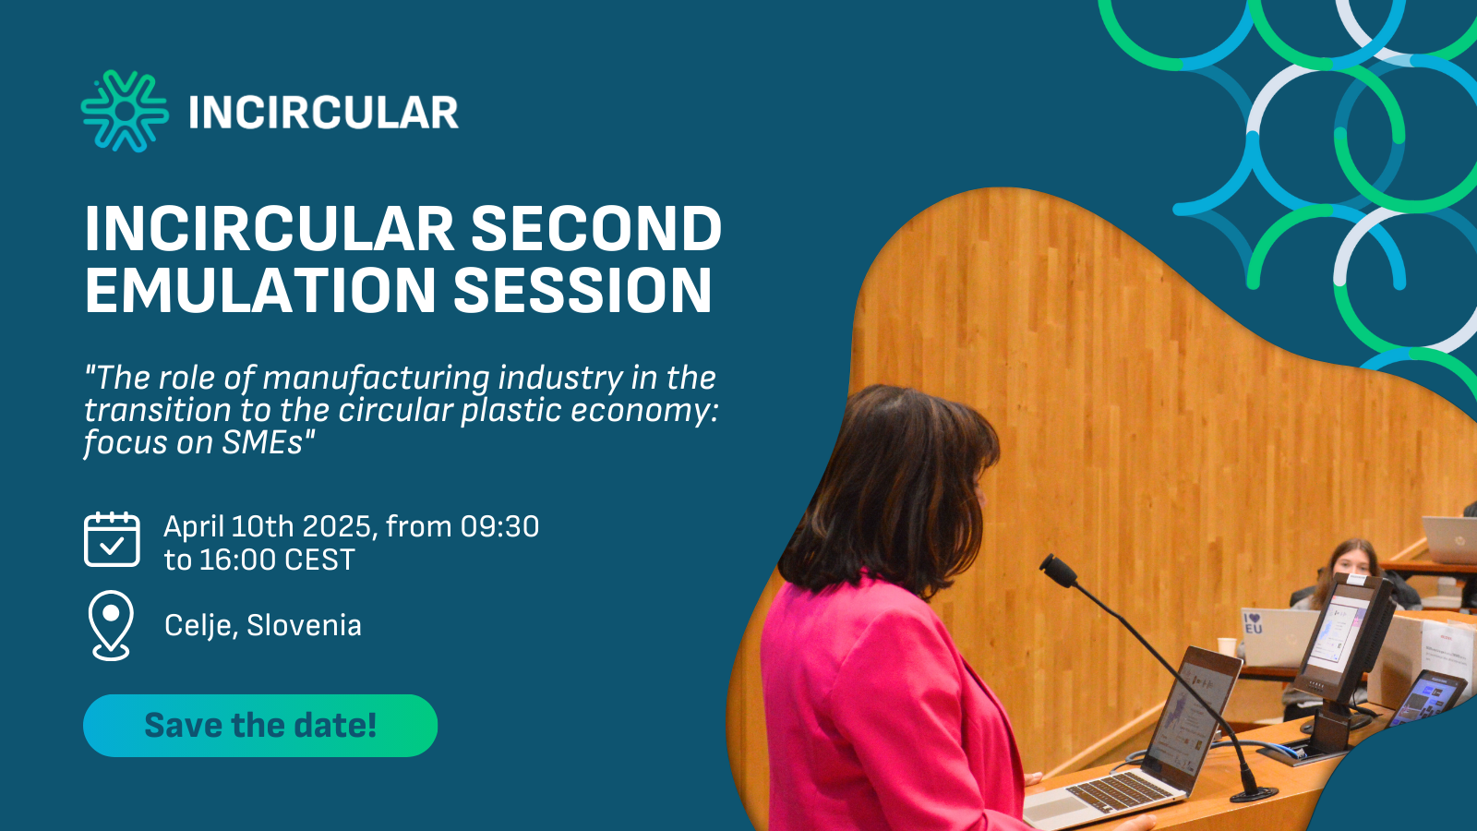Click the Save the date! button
coord(259,726)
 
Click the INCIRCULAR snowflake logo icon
coord(125,112)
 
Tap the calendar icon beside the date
coord(112,540)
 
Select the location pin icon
coord(111,624)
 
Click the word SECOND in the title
coord(595,229)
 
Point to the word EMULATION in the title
coord(259,291)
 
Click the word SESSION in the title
coord(582,291)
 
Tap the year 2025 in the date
coord(336,526)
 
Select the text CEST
coord(319,560)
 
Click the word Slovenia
coord(304,625)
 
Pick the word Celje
coord(200,626)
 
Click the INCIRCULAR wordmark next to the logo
coord(323,113)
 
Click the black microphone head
coord(1058,570)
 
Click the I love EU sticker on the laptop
coord(1253,623)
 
